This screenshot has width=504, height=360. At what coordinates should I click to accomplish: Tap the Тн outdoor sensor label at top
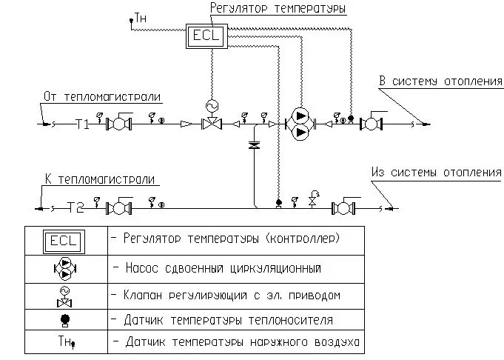138,16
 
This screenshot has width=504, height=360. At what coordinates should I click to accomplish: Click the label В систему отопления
440,81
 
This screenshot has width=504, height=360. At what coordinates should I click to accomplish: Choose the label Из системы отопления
436,173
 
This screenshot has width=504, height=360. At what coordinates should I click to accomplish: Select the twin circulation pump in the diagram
300,124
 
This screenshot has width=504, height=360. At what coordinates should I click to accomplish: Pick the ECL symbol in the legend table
65,241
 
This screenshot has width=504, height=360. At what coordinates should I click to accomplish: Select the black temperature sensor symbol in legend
65,321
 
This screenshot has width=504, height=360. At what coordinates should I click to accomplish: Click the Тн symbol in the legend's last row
65,343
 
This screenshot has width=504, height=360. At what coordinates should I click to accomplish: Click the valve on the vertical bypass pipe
255,147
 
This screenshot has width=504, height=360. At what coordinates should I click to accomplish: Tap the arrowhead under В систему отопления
424,123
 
